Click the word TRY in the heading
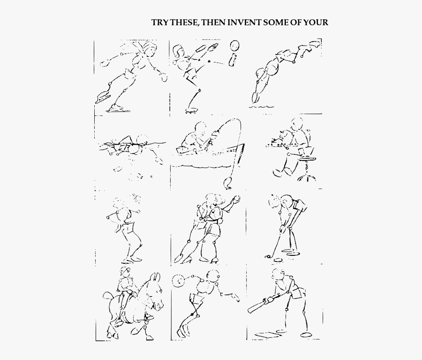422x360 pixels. (x=159, y=22)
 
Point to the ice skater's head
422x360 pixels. (x=149, y=48)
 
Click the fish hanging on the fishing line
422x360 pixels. (x=229, y=181)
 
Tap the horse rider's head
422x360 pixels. (x=124, y=274)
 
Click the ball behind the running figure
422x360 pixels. (x=179, y=281)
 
